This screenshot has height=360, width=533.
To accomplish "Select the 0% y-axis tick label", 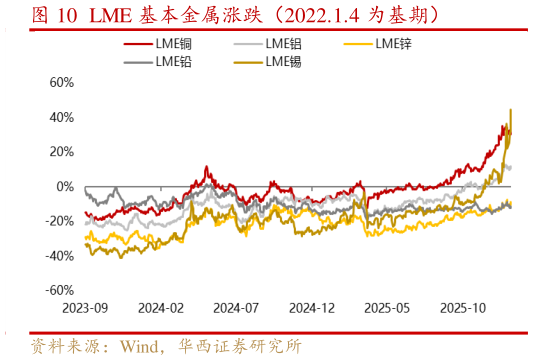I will pyautogui.click(x=63, y=187).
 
